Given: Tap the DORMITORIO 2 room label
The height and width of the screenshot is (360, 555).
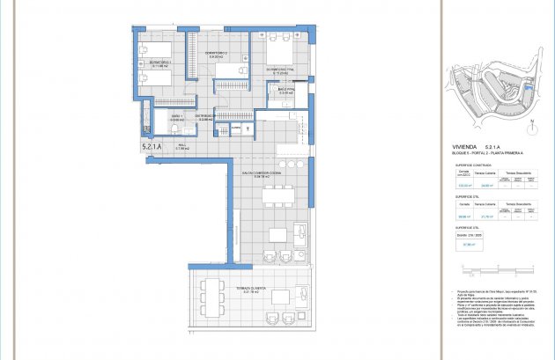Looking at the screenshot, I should coord(217,55).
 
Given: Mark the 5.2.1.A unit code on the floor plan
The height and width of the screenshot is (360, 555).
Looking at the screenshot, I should coord(151,147).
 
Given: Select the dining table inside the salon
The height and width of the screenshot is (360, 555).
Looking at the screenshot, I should coord(277,234).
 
